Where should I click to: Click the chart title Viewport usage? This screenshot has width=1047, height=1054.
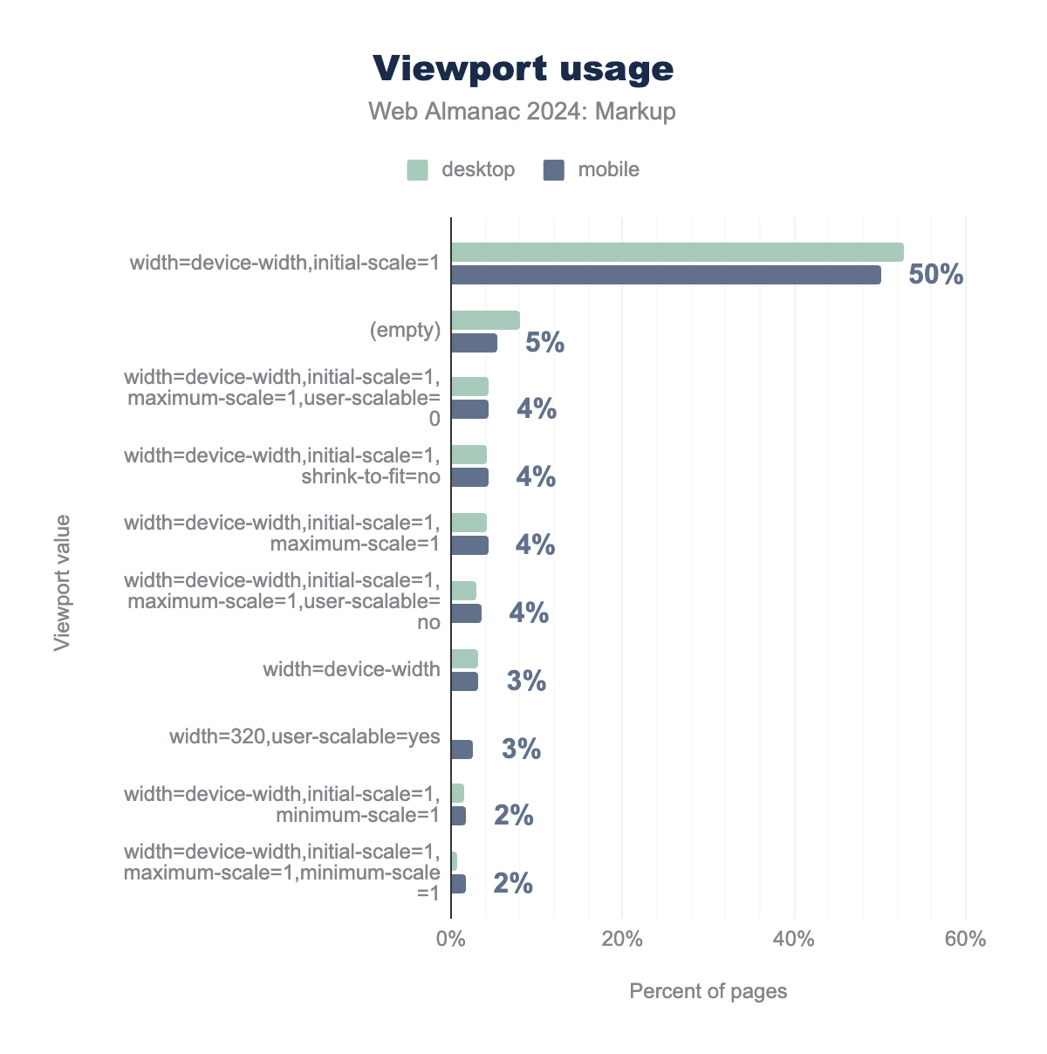click(x=523, y=68)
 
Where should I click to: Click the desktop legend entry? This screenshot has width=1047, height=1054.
click(x=462, y=169)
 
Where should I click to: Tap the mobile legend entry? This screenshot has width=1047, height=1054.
click(x=592, y=169)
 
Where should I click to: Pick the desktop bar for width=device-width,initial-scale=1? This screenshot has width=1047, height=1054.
click(x=677, y=252)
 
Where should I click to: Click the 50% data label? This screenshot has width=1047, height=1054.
click(x=935, y=275)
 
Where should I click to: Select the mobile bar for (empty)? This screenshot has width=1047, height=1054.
click(x=474, y=343)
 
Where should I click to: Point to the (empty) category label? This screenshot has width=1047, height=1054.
click(x=405, y=330)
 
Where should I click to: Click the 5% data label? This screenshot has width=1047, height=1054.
click(x=544, y=343)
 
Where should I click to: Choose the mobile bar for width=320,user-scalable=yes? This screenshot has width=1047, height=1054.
click(x=462, y=749)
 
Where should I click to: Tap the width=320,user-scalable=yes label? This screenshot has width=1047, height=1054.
click(x=305, y=736)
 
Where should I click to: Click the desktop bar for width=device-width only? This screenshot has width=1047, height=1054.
click(x=464, y=659)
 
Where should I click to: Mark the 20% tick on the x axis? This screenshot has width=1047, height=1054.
click(x=622, y=940)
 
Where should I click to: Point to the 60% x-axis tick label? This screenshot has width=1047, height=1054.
click(x=966, y=940)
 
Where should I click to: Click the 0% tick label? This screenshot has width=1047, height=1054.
click(x=450, y=940)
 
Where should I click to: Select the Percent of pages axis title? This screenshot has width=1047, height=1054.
click(x=708, y=991)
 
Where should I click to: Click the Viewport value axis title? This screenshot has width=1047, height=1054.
click(x=62, y=583)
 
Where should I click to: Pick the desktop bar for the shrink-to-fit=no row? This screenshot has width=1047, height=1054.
click(x=469, y=455)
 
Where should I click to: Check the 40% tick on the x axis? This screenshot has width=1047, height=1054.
click(x=794, y=940)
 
